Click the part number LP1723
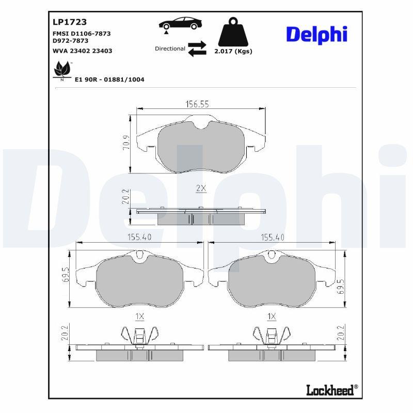(x=70, y=22)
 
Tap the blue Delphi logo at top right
(x=316, y=35)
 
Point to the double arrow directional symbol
(x=197, y=49)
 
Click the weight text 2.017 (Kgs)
(x=233, y=52)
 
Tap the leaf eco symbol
(x=62, y=69)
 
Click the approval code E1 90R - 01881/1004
(x=109, y=80)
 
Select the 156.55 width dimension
(x=197, y=104)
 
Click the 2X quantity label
(x=201, y=188)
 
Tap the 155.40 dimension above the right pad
(x=273, y=237)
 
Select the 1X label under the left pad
(x=139, y=316)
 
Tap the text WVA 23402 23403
(x=83, y=51)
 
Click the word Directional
(x=170, y=49)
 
